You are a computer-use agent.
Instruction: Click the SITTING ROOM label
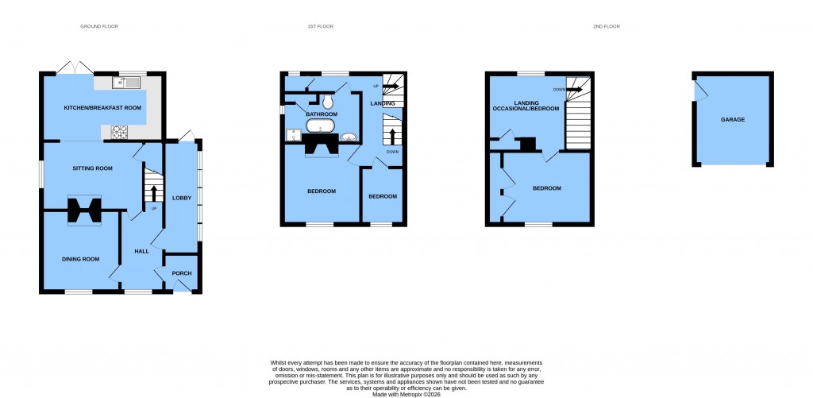tap(93, 168)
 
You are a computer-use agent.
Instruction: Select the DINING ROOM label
tap(81, 259)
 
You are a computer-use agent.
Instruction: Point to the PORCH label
tap(182, 273)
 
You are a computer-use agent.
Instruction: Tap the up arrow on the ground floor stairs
tap(153, 191)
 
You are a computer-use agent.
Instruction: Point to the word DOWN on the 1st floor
tap(392, 152)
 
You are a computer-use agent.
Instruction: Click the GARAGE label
tap(733, 120)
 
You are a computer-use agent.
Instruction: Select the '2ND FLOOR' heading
tap(606, 26)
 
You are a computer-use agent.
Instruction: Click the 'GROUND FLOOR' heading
tap(99, 26)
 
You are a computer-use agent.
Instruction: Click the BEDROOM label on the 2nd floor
tap(546, 188)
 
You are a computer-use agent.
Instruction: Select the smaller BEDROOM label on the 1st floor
tap(382, 196)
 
